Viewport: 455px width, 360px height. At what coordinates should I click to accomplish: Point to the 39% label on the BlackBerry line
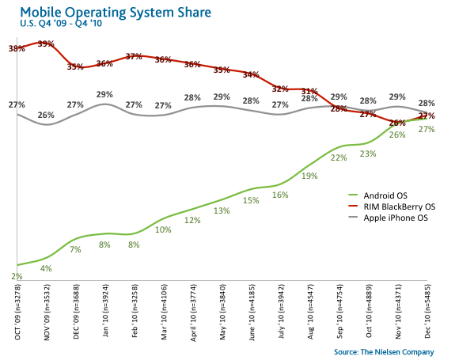click(x=45, y=44)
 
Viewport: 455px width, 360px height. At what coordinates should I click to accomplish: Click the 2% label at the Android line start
click(x=17, y=276)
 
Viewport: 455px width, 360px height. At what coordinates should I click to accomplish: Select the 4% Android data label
click(x=46, y=268)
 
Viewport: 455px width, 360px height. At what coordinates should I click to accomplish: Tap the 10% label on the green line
click(x=162, y=229)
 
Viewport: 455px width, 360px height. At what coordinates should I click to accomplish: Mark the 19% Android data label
click(x=309, y=176)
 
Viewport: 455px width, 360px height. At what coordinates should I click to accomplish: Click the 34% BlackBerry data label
click(x=251, y=75)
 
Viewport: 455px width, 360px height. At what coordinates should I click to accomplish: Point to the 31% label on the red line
click(x=309, y=91)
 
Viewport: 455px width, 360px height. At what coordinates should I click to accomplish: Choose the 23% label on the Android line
click(x=368, y=154)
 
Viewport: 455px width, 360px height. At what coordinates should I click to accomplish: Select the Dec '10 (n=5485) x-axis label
click(x=427, y=314)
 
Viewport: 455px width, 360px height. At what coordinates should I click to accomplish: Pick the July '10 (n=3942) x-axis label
click(x=280, y=314)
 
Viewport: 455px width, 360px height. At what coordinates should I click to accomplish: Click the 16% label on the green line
click(x=280, y=195)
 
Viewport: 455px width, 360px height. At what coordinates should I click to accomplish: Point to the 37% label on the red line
click(x=133, y=57)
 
